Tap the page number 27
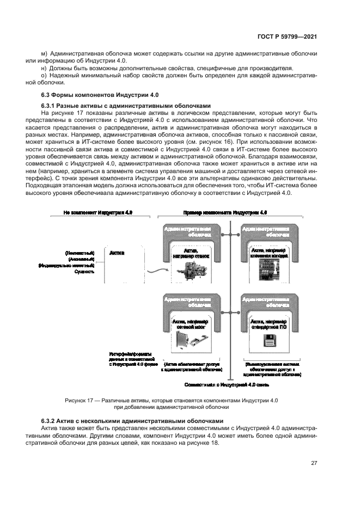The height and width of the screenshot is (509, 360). [x=314, y=463]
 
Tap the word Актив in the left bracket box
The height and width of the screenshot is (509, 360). [x=117, y=253]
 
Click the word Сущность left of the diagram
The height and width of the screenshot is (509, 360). [x=84, y=271]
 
